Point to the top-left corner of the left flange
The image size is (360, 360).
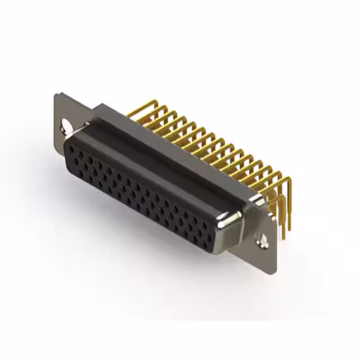pyautogui.click(x=56, y=93)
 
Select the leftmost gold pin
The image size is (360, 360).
pyautogui.click(x=138, y=107)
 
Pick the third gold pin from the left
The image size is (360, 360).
pyautogui.click(x=157, y=118)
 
